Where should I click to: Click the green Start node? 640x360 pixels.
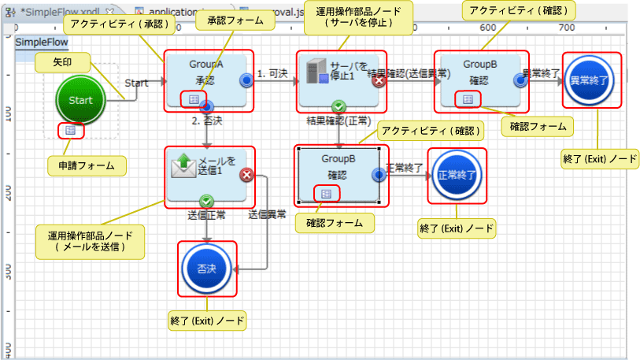coord(81,100)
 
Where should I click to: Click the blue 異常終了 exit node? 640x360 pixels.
coord(590,80)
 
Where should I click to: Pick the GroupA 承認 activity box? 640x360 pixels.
coord(207,79)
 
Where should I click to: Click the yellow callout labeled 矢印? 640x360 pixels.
coord(63,61)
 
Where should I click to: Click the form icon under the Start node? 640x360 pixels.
coord(71,129)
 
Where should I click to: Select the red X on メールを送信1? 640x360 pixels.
coord(246,175)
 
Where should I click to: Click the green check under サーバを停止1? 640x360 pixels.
coord(338,106)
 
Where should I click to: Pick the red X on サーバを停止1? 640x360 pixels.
coord(379,80)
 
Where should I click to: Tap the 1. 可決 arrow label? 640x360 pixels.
coord(272,73)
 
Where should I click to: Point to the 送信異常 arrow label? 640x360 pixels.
coord(267,213)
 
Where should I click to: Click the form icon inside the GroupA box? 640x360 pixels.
coord(191,98)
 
